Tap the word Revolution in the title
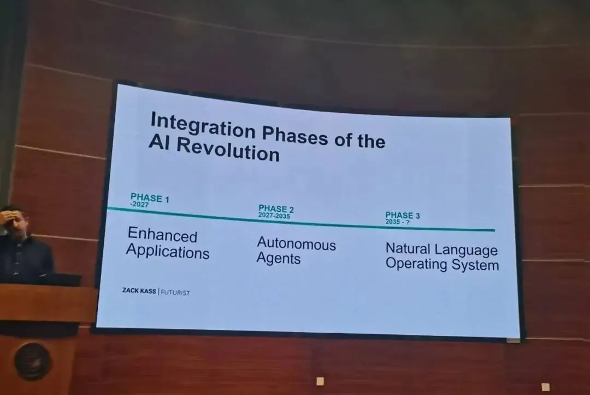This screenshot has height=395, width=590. coord(228,149)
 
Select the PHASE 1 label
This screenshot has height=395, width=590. coord(150,197)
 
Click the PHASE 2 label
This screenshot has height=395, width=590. coord(276,209)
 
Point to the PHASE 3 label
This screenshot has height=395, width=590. coord(402,215)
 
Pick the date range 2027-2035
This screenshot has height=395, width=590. coord(274,216)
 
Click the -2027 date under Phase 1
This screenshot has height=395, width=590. coord(139,205)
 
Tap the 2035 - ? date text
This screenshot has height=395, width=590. coord(397,222)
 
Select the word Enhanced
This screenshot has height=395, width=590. coord(163,235)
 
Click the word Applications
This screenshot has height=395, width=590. coord(168,252)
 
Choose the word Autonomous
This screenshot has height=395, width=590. coord(297,244)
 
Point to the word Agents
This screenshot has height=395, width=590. coord(279,259)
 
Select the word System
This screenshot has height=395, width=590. coord(475,265)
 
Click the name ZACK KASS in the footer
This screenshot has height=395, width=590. coord(139,291)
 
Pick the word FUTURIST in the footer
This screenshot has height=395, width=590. coord(175,293)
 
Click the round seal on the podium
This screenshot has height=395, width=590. coord(33,362)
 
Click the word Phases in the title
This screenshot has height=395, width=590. coord(294,135)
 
